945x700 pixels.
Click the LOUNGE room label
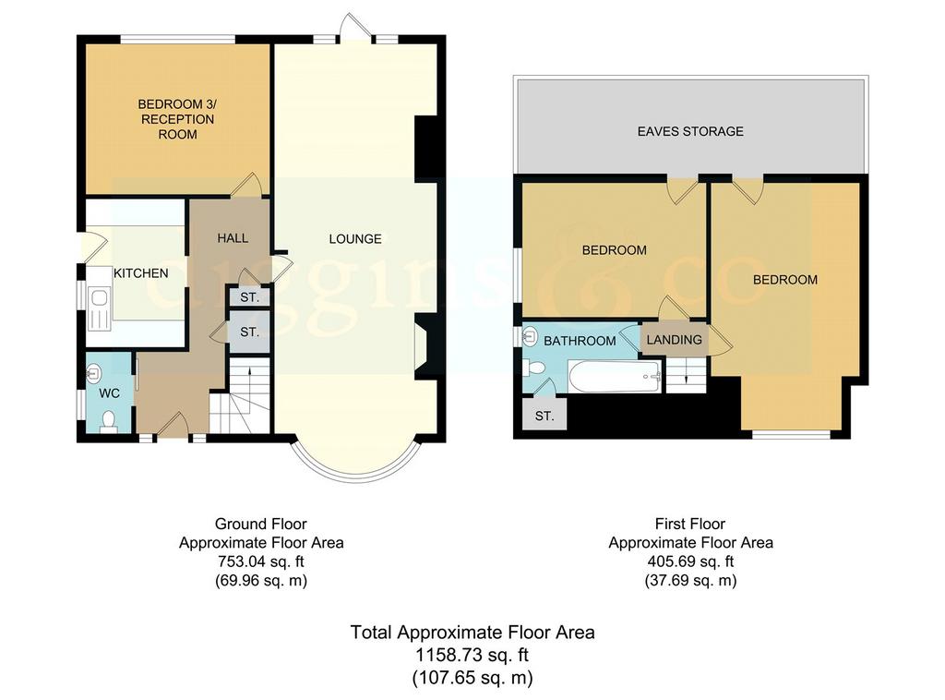pos(355,239)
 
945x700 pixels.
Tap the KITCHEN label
pos(141,273)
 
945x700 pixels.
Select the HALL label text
pos(233,238)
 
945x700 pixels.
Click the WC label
pos(109,393)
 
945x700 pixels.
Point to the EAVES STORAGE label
pos(690,131)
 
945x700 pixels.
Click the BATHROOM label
pos(580,341)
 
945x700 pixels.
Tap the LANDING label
pos(675,340)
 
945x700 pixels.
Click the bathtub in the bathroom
pos(616,377)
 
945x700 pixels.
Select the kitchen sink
pos(98,308)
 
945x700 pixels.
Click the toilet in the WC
pos(109,421)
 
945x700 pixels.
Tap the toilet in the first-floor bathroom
pos(534,367)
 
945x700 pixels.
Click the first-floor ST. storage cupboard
pos(544,416)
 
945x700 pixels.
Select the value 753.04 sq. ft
pos(261,561)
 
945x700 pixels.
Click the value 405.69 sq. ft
pos(690,561)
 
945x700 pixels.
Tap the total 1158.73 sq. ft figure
pos(472,655)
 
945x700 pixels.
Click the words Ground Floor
pos(261,524)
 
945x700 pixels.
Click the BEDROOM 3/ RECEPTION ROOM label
pos(177,119)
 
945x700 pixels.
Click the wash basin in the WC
pos(93,374)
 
